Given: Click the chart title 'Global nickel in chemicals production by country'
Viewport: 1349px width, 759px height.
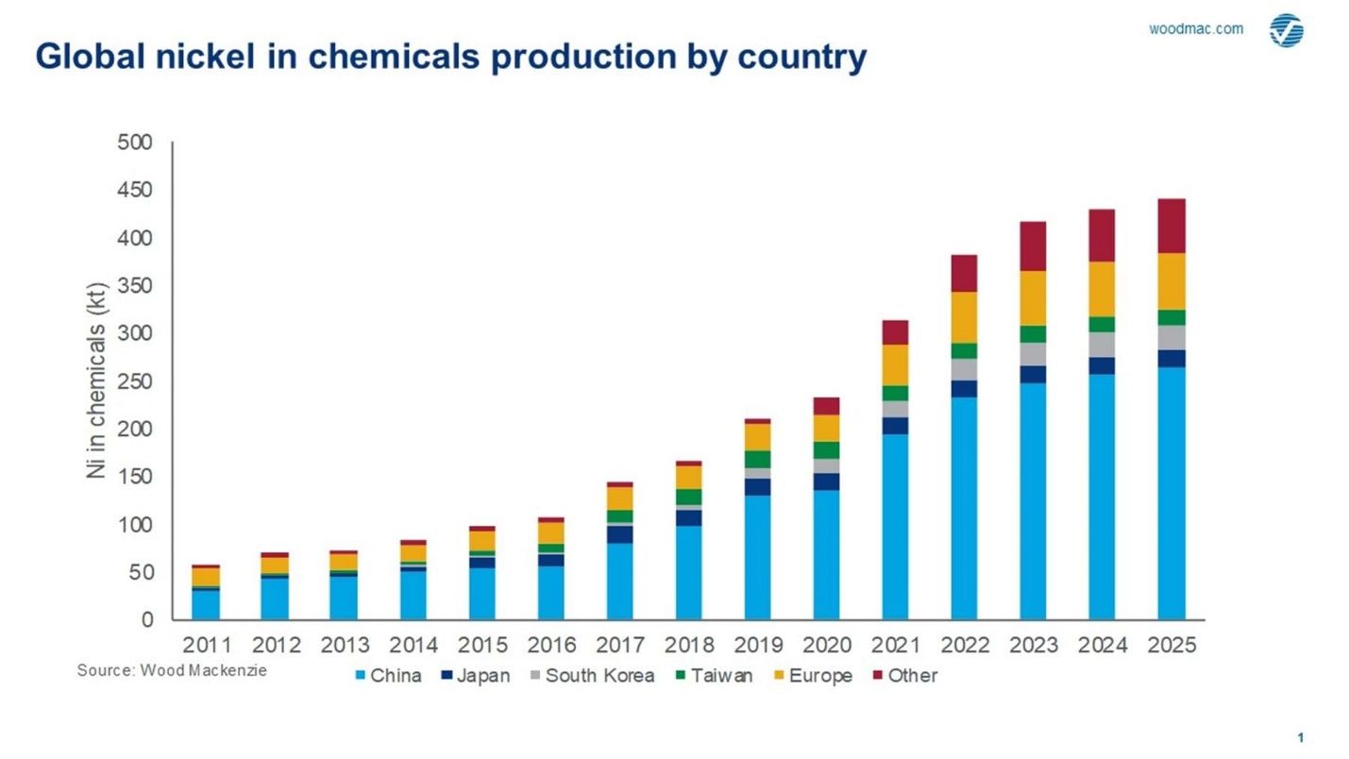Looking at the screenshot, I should pos(450,58).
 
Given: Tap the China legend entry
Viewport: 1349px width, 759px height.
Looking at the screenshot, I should pos(388,676).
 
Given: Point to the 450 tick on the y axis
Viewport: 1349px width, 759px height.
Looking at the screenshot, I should pos(134,191).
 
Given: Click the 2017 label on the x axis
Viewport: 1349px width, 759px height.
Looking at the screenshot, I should pos(620,646).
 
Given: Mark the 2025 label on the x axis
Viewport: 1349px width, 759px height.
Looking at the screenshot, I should pos(1172,646).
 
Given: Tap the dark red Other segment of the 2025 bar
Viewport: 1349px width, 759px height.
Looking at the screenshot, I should pos(1172,226).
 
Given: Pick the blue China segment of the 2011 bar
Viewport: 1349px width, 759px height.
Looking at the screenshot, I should pos(206,604).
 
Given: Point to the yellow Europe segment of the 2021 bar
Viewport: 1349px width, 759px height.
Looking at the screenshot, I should pos(895,364).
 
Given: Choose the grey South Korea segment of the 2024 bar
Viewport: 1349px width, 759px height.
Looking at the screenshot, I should pos(1102,345).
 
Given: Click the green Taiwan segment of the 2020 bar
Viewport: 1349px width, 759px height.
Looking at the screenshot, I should pos(826,450).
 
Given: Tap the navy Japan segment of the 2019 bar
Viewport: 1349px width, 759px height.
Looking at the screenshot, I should pos(757,487).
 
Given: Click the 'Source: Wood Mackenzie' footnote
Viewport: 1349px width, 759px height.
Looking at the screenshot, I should pos(172,670).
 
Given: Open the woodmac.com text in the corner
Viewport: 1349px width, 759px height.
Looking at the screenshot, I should pos(1195,28).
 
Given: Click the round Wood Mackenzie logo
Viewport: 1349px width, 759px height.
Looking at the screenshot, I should pos(1286,30).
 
